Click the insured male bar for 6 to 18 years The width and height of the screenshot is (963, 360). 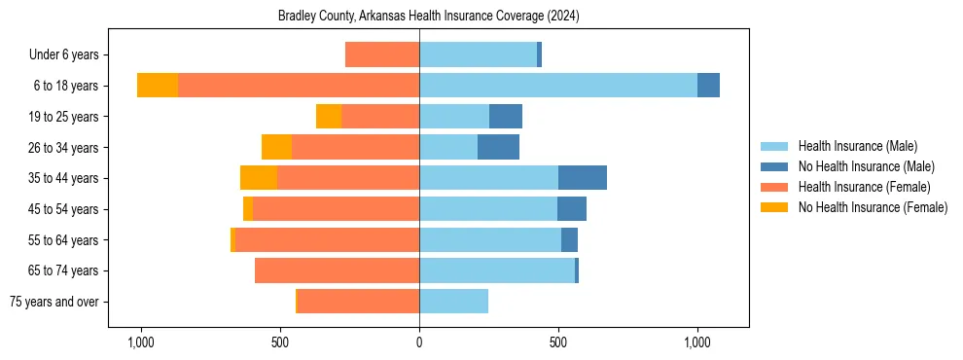[558, 86]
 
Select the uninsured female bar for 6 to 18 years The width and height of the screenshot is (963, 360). [158, 86]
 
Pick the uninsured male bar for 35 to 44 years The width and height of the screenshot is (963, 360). [583, 178]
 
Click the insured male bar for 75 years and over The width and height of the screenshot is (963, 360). [453, 302]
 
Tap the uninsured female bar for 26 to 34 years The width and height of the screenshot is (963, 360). [277, 147]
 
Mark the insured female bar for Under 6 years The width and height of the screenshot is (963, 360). [382, 55]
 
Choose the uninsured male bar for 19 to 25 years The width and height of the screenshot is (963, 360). [506, 117]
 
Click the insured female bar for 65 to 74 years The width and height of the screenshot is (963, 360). [337, 270]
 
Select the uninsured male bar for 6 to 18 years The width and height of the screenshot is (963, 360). [708, 86]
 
